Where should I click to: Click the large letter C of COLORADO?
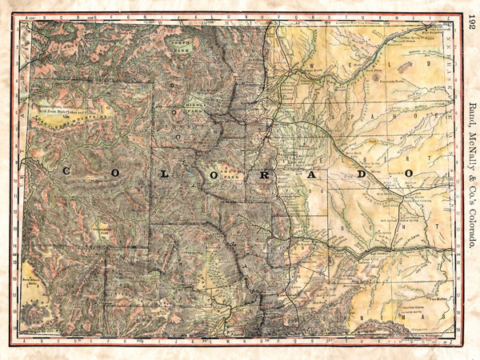tap(66, 170)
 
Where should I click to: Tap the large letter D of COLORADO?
tap(360, 172)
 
